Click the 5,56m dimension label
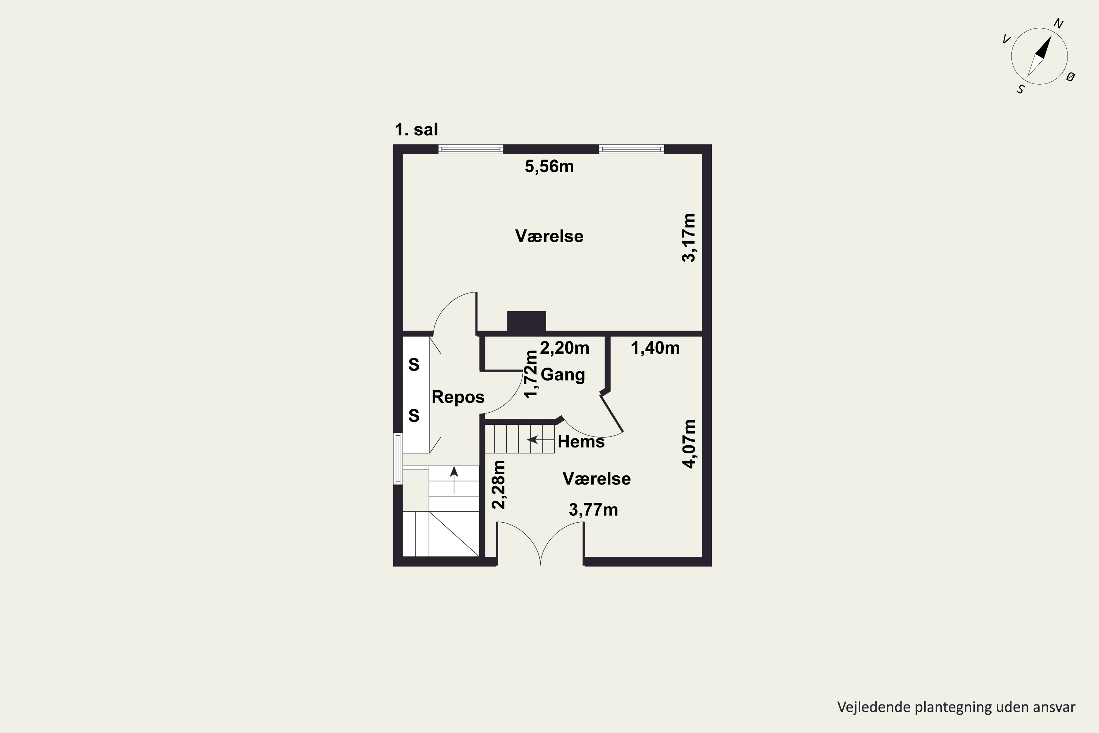click(x=549, y=166)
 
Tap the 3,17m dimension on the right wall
click(x=689, y=237)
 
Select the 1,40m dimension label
click(x=655, y=348)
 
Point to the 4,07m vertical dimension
click(x=689, y=443)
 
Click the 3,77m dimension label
click(x=593, y=509)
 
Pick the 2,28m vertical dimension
click(x=499, y=484)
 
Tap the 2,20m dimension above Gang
click(x=565, y=348)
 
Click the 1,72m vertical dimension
click(x=531, y=374)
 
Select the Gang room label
click(x=563, y=375)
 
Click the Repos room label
click(x=458, y=397)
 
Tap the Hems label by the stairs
click(x=581, y=441)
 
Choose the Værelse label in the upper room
click(x=549, y=236)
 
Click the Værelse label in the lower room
click(x=596, y=479)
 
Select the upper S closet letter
click(x=414, y=365)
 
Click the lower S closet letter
click(x=414, y=416)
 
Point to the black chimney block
click(x=527, y=322)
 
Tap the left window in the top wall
click(x=470, y=149)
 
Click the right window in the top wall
click(x=631, y=149)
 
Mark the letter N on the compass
click(x=1058, y=24)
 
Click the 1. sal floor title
click(x=416, y=129)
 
